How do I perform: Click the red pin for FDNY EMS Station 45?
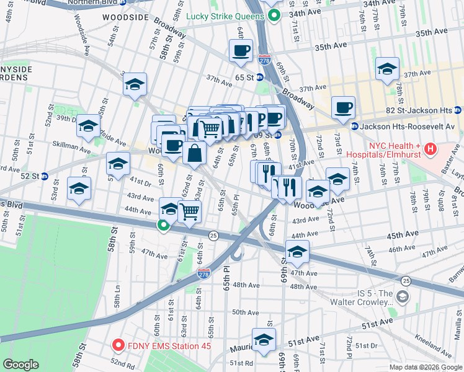tap(117, 346)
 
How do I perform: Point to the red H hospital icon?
tap(431, 149)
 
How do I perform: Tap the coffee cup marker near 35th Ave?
tap(241, 51)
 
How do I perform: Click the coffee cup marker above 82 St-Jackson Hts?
tap(343, 107)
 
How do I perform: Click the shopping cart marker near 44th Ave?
tap(190, 211)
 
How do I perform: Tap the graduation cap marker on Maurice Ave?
tap(264, 340)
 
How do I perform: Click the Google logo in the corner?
tap(21, 365)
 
